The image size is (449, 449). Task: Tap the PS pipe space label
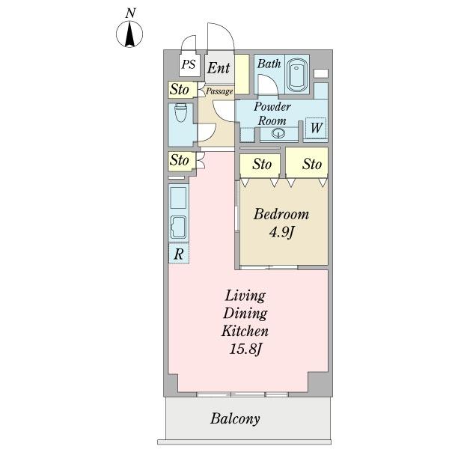(x=189, y=64)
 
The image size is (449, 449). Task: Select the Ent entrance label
(x=219, y=68)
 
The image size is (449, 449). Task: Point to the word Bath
(x=269, y=64)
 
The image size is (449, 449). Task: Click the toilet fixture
(x=180, y=112)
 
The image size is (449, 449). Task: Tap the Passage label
(x=219, y=91)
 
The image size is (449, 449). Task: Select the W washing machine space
(x=316, y=127)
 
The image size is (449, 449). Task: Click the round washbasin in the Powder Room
(x=278, y=133)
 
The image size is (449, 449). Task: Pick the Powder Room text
(x=272, y=114)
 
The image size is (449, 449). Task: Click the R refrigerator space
(x=179, y=254)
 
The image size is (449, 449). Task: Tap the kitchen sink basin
(x=178, y=227)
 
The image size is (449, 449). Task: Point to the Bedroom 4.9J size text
(x=281, y=232)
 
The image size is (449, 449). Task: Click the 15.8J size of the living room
(x=245, y=349)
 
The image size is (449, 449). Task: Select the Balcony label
(x=235, y=418)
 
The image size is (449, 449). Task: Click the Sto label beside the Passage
(x=180, y=89)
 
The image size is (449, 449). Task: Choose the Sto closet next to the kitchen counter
(x=180, y=160)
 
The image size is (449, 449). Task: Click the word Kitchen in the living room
(x=245, y=331)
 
